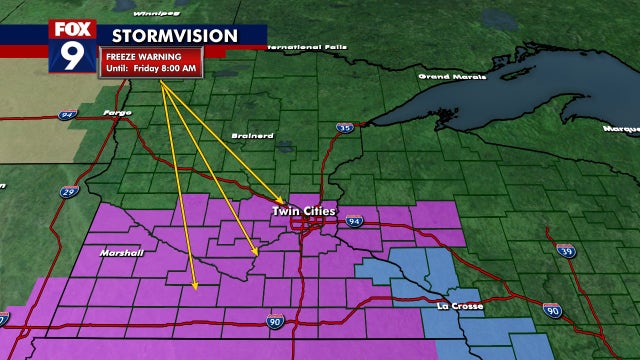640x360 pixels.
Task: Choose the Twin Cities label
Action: (x=305, y=212)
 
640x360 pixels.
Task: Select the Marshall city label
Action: (x=121, y=252)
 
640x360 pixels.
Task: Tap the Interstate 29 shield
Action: (x=67, y=192)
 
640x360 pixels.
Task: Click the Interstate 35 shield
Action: (x=344, y=128)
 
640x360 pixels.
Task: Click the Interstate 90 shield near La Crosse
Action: (x=552, y=311)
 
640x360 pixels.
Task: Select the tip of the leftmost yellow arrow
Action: (x=195, y=289)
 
